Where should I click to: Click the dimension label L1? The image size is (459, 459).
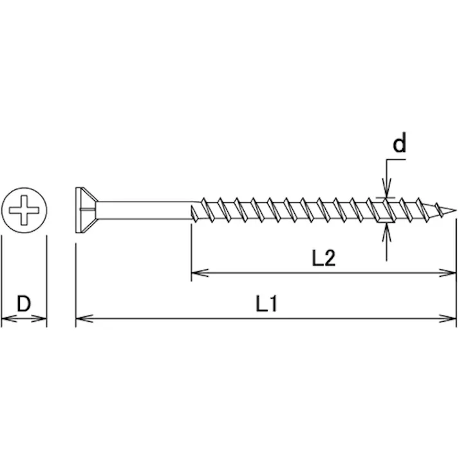coord(267,304)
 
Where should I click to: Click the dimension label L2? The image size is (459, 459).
coord(323,258)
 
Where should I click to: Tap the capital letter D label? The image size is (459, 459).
coord(24,304)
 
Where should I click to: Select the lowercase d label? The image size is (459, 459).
coord(399,144)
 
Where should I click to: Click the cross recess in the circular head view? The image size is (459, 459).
coord(24,210)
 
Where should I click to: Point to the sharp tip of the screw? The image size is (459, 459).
coord(455,210)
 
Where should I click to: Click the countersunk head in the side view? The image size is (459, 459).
coord(86,210)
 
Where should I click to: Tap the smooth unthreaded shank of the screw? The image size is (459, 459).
coord(144,210)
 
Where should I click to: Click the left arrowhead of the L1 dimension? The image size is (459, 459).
coord(84,318)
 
